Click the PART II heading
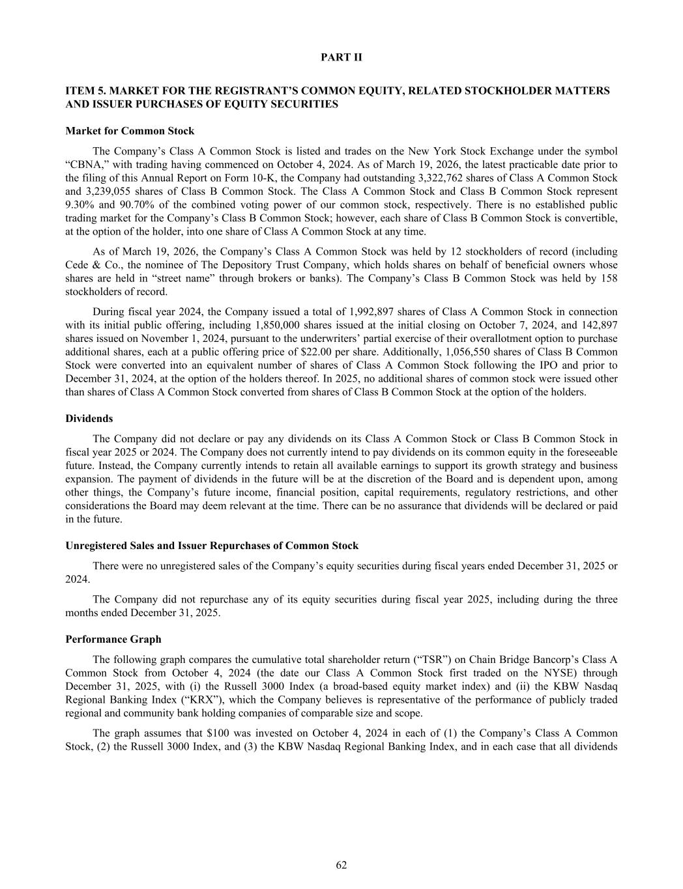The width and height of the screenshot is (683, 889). (x=341, y=57)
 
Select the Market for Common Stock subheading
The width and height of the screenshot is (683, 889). (x=130, y=131)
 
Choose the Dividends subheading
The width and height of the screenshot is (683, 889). (x=89, y=419)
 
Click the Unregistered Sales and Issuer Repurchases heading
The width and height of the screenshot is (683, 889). (x=212, y=545)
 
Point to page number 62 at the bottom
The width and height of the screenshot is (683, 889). (x=341, y=865)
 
